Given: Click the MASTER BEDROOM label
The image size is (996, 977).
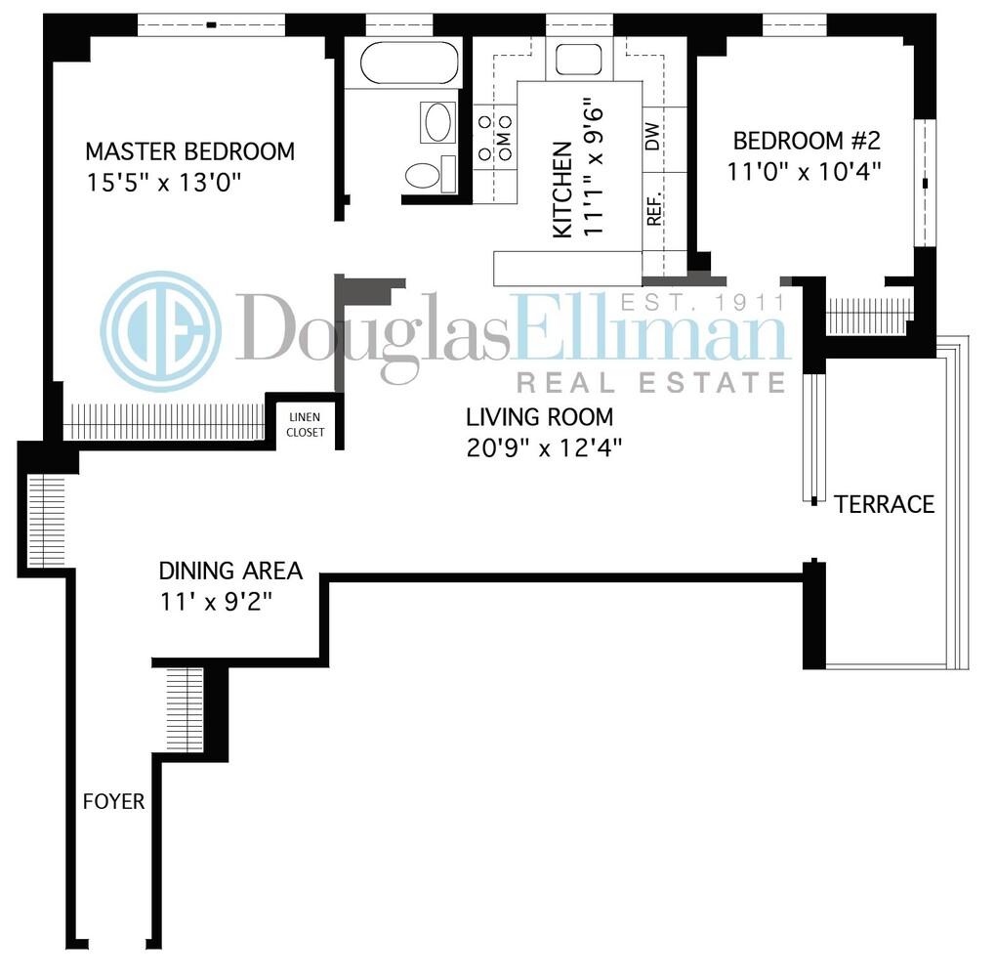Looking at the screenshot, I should (189, 151).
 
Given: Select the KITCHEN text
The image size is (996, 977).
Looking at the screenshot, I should (562, 190).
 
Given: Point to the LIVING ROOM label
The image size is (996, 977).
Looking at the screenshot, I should (539, 417).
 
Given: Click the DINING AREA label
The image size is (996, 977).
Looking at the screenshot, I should (230, 571).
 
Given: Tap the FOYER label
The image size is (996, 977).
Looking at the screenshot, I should (113, 802).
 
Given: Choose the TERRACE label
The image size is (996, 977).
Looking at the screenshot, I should (884, 504).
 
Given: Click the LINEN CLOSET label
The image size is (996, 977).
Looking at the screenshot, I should (303, 424).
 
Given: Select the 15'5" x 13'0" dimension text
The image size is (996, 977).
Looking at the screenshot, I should (163, 182).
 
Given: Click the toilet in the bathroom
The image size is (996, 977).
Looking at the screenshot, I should (423, 175).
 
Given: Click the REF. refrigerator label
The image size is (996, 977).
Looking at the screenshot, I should (654, 208).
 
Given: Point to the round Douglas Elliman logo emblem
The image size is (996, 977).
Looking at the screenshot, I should (160, 332).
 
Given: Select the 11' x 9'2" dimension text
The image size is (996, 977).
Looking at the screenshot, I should (215, 600).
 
